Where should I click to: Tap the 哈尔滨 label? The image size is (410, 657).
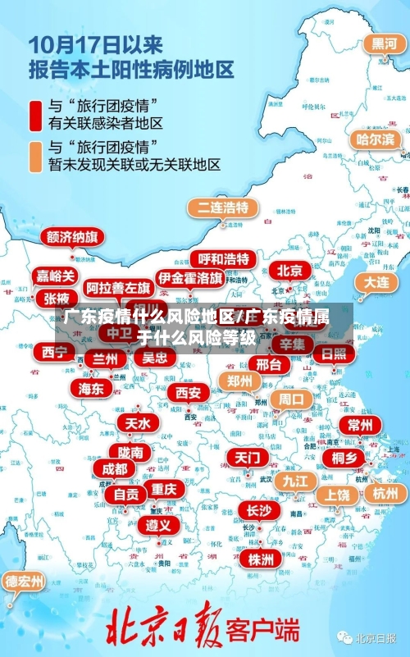[375, 139]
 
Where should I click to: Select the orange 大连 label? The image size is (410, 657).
[376, 281]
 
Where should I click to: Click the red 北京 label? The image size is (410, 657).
[289, 270]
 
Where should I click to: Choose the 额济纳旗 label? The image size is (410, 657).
[72, 237]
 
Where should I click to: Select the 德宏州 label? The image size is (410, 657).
[25, 582]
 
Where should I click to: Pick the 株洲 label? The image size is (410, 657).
[260, 536]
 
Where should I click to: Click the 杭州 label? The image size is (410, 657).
[384, 493]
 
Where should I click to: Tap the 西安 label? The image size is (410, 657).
[188, 392]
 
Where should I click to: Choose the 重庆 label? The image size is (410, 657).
[163, 489]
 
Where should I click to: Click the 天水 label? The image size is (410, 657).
[137, 423]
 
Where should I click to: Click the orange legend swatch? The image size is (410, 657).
[35, 156]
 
